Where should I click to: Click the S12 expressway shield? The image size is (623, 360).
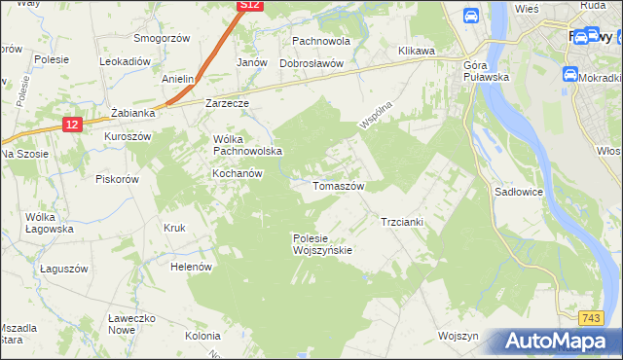coord(250,6)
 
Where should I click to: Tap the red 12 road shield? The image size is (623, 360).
coord(72,124)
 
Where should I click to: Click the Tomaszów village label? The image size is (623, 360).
coord(338,186)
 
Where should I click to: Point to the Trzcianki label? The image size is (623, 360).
coord(401,222)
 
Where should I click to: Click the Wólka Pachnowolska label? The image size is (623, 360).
coord(247,145)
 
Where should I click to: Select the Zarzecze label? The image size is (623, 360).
coord(228,102)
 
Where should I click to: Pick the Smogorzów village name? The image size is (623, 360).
coord(162,38)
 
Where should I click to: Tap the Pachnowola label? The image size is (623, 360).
coord(321,42)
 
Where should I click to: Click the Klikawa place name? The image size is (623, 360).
coord(416,51)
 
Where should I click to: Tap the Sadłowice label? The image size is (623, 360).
coord(519,193)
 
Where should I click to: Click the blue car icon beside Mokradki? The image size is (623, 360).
coord(569,74)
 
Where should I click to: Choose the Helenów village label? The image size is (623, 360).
coord(191,266)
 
